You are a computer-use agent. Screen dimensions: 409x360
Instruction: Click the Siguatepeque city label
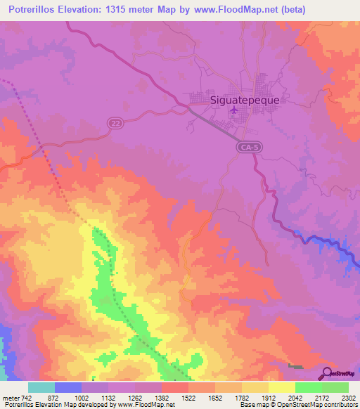245,100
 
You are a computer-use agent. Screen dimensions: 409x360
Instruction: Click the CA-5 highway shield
247,147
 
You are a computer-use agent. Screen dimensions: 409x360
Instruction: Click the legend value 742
27,397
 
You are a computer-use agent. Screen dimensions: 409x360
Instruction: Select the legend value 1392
162,397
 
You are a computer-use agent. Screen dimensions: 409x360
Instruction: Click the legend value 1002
82,397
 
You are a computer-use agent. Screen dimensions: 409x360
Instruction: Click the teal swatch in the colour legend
41,387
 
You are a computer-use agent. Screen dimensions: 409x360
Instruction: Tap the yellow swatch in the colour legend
281,387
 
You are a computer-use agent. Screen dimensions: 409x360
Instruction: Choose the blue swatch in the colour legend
68,387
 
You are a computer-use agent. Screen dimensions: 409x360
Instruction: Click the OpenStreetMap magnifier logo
328,373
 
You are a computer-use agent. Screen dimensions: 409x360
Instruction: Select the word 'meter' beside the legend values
10,397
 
